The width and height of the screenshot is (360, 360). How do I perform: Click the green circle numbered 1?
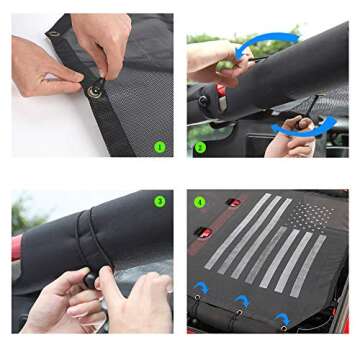click(x=159, y=146)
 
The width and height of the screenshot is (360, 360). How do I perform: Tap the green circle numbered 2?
click(x=199, y=148)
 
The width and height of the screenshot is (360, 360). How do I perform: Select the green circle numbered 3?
click(x=159, y=201)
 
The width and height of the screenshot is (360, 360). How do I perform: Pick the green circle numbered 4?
click(x=199, y=201)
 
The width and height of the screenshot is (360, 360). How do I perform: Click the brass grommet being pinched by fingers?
click(x=94, y=91)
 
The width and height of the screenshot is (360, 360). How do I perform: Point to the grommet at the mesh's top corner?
click(x=53, y=35)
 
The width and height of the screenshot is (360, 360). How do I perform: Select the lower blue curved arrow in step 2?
click(x=302, y=125)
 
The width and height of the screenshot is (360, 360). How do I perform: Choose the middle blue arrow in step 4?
click(x=240, y=300)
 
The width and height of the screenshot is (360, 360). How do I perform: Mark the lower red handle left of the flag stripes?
click(x=203, y=233)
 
